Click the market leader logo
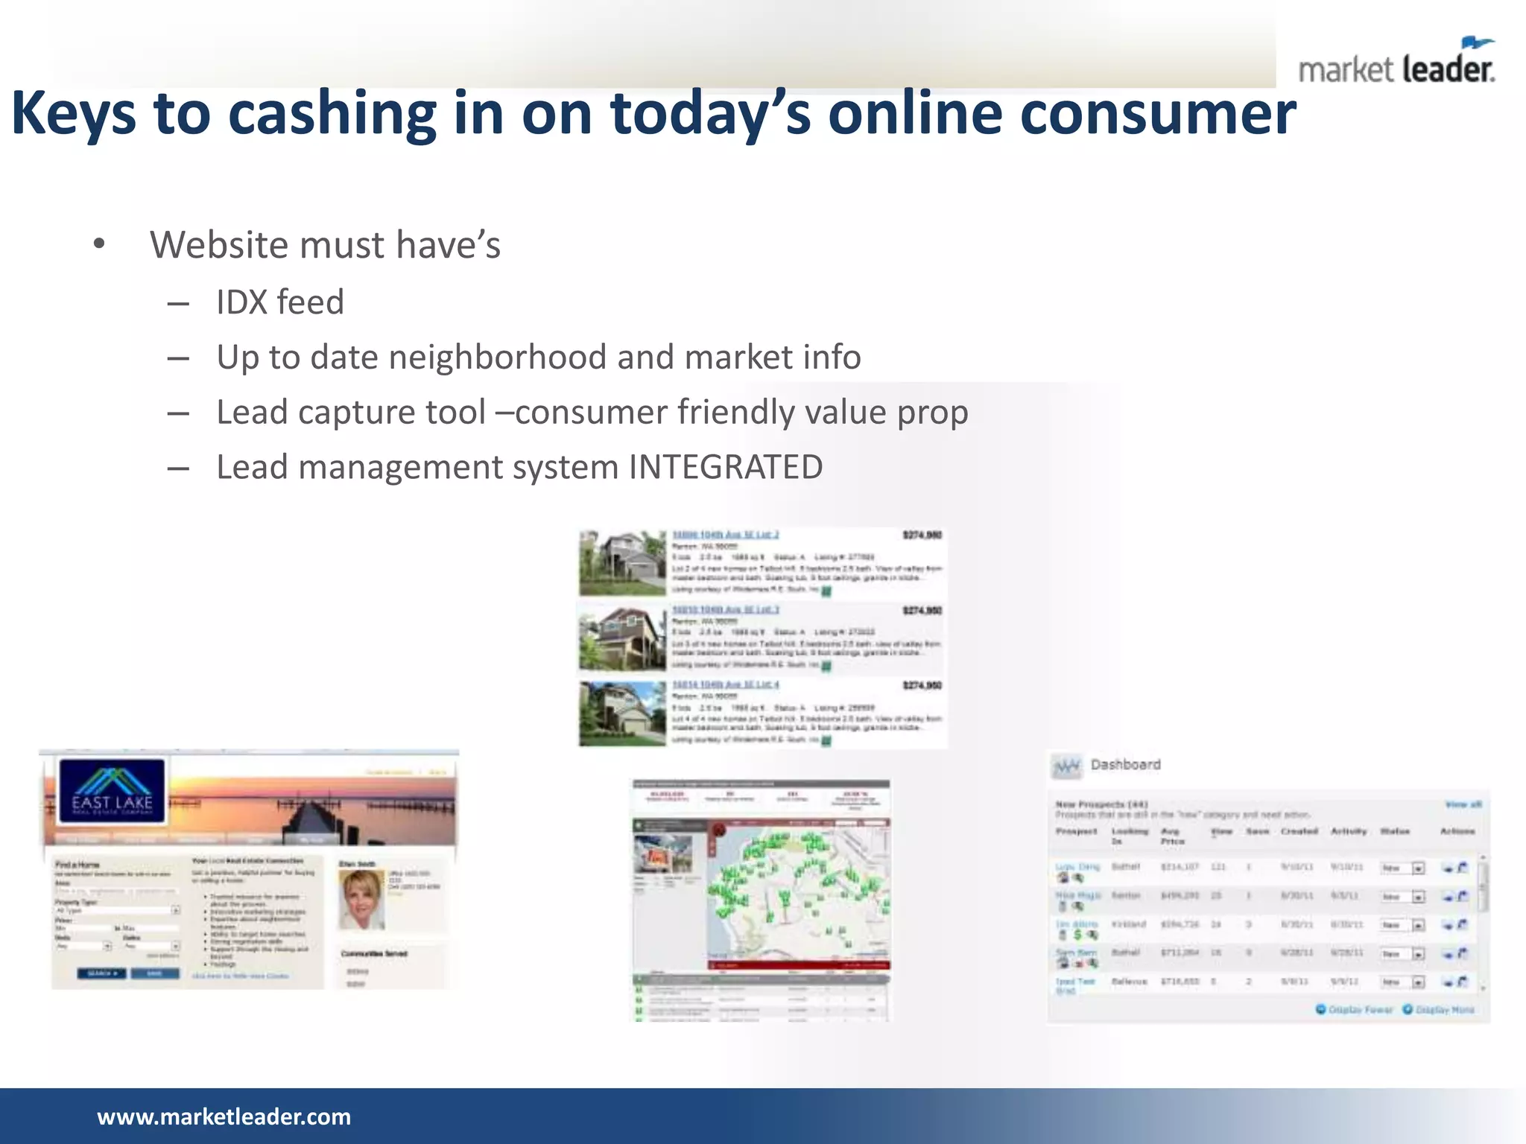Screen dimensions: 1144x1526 1396,63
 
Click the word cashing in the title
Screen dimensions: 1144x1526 332,114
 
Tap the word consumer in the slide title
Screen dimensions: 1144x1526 1158,114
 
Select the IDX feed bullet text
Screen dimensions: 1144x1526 280,302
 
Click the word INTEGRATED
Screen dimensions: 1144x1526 726,468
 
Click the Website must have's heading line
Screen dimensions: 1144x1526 325,245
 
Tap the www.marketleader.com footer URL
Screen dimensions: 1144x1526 224,1116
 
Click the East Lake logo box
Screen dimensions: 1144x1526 113,791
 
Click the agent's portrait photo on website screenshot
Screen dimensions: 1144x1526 361,899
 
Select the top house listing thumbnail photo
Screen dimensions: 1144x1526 622,563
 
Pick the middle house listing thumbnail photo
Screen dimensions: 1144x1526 622,638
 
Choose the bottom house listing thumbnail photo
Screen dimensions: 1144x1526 622,714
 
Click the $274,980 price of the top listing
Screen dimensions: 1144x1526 922,535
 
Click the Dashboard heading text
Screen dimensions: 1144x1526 1125,765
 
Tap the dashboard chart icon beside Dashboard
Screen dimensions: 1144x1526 1067,766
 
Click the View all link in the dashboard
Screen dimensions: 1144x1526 1463,804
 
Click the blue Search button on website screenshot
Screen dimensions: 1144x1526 101,973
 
